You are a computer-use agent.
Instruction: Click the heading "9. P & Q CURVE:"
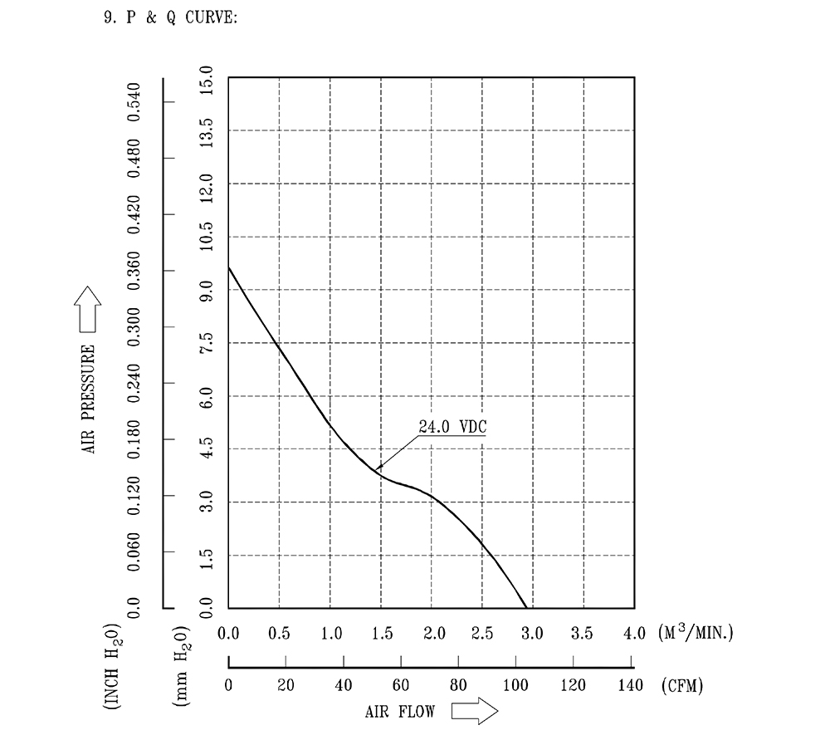pos(169,17)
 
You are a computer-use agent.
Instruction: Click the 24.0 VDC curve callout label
pos(452,427)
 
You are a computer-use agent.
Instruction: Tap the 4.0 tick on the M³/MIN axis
pos(634,634)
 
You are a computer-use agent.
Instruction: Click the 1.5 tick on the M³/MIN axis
pos(381,634)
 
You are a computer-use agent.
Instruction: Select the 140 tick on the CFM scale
pos(632,685)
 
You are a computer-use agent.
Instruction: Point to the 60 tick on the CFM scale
pos(401,685)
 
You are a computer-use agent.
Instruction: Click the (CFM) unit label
pos(682,686)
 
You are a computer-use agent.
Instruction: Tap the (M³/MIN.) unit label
pos(696,634)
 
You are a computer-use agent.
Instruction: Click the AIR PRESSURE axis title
pos(89,399)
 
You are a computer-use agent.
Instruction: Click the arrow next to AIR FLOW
pos(474,712)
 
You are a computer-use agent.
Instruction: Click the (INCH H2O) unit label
pos(112,664)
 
